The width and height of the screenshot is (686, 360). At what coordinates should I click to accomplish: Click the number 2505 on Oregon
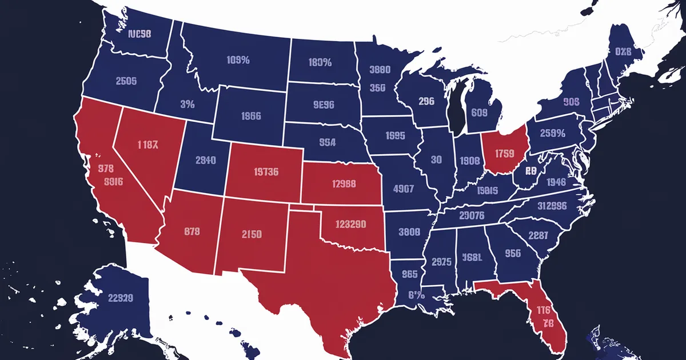click(126, 81)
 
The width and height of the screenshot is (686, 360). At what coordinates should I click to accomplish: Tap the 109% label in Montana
click(238, 60)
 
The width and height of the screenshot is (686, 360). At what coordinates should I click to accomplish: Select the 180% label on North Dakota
click(320, 62)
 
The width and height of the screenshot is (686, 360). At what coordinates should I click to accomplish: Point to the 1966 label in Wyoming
click(250, 116)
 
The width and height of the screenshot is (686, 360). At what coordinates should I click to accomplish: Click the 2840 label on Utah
click(205, 161)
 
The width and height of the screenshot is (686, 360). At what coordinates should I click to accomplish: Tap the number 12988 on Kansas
click(344, 184)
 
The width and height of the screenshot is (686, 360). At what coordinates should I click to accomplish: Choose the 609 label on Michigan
click(479, 113)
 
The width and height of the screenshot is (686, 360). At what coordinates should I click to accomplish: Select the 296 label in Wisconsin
click(426, 101)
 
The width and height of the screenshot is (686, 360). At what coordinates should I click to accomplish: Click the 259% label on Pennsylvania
click(552, 134)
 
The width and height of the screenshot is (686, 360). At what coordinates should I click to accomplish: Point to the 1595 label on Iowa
click(394, 137)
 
